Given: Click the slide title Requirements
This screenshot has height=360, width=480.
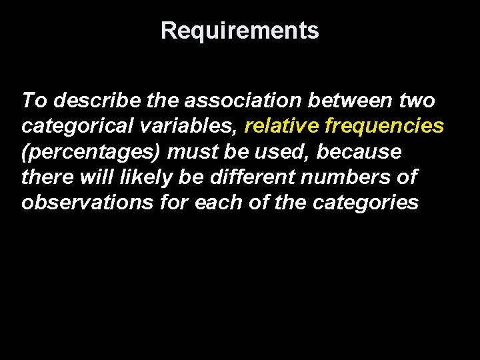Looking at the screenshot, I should point(240,31).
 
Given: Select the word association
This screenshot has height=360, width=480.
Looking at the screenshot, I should point(246,101).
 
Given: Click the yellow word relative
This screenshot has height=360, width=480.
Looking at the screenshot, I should point(282,126).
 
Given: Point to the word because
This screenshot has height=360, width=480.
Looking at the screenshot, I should point(359,152).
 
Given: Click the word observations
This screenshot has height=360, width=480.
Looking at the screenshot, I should point(87,203).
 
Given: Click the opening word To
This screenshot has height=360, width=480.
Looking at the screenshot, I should point(35,101).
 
